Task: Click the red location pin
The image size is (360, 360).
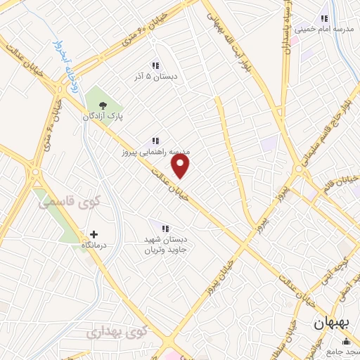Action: pos(181,166)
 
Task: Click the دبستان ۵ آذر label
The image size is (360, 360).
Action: pos(155,77)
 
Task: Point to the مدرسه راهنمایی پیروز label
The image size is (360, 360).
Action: pos(154,152)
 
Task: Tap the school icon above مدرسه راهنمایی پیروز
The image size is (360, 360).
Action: pos(155,141)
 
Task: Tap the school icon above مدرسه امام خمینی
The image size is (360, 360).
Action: pos(324,18)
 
